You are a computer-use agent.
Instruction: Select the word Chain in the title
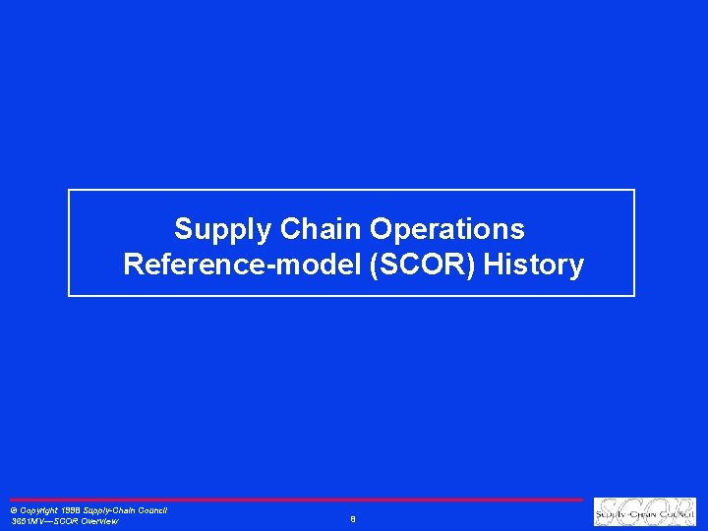(321, 229)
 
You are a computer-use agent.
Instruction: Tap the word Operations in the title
(447, 229)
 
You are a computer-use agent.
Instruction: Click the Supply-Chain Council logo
(645, 512)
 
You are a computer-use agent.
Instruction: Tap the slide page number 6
(352, 518)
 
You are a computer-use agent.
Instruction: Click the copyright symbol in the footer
(13, 511)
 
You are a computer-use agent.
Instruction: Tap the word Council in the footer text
(151, 510)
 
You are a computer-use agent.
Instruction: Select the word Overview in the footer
(98, 522)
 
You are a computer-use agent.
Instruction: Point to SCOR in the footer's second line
(66, 522)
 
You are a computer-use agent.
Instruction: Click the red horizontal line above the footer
(295, 500)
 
